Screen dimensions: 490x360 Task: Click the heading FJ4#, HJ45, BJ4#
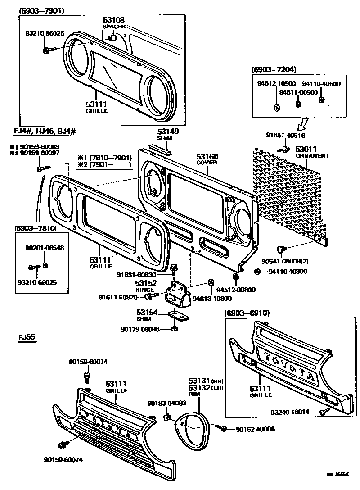click(x=45, y=131)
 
